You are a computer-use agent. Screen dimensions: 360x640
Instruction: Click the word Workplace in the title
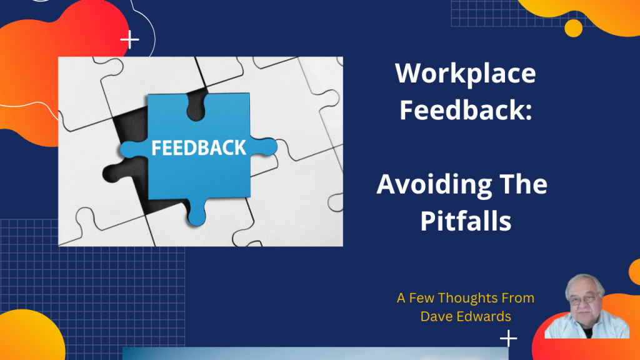click(466, 74)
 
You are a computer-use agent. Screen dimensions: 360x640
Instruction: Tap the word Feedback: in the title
click(466, 110)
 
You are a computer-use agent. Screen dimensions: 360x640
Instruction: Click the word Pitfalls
click(466, 221)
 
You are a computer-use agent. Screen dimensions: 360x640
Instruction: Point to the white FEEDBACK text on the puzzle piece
click(199, 148)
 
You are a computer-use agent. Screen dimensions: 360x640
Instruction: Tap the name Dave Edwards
click(466, 316)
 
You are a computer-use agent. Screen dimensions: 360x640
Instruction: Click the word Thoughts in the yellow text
click(471, 298)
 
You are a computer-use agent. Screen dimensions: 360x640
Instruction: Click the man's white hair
click(585, 280)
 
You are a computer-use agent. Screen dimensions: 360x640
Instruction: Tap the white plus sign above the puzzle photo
click(130, 41)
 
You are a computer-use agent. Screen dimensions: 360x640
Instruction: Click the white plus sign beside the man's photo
click(509, 339)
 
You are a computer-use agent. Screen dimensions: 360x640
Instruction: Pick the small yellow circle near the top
click(573, 28)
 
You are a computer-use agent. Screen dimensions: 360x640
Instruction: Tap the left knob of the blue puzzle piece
click(128, 149)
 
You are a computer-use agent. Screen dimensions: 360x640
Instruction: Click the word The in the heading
click(524, 185)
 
